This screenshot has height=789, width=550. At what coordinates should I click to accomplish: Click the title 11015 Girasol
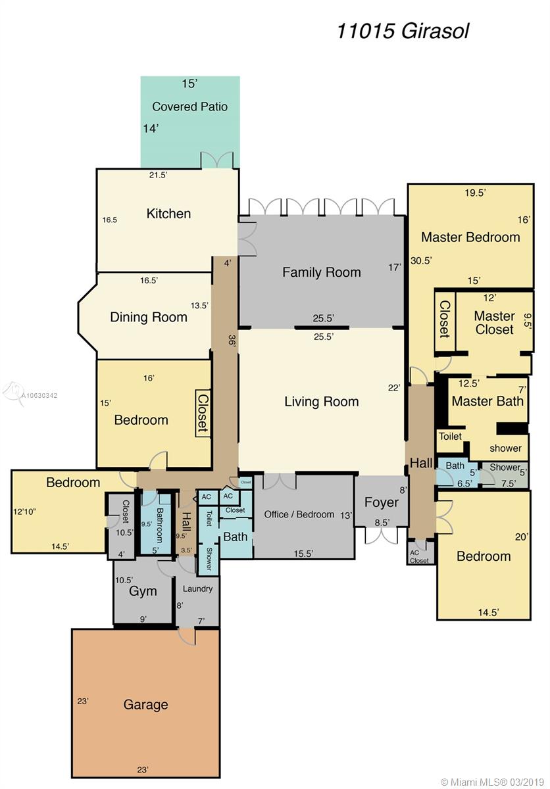click(403, 32)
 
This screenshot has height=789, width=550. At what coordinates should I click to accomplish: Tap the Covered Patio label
click(189, 107)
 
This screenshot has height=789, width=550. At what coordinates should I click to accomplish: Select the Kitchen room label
click(168, 214)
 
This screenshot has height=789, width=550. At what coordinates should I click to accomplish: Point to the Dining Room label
click(148, 317)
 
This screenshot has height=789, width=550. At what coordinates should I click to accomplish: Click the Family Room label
click(321, 272)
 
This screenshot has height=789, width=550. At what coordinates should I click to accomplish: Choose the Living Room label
click(321, 402)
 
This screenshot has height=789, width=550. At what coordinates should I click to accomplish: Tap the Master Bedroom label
click(470, 237)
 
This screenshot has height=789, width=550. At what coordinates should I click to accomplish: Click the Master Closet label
click(494, 323)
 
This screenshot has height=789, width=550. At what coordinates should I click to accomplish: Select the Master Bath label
click(488, 401)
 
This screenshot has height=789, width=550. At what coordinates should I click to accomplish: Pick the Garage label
click(145, 704)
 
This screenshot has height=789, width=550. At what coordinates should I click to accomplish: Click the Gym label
click(143, 591)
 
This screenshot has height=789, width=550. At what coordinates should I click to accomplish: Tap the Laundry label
click(197, 588)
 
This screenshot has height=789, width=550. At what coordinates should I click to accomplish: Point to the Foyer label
click(381, 502)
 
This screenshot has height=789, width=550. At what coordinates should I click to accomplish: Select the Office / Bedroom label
click(299, 514)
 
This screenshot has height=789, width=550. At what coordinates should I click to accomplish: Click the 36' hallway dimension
click(231, 341)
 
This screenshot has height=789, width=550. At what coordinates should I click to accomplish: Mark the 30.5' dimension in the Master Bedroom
click(421, 260)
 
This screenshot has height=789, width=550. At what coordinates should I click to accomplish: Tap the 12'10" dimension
click(24, 512)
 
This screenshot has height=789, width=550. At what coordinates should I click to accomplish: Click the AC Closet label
click(419, 556)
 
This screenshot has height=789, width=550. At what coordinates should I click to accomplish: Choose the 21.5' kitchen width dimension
click(158, 175)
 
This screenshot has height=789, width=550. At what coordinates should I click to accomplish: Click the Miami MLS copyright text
click(493, 782)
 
